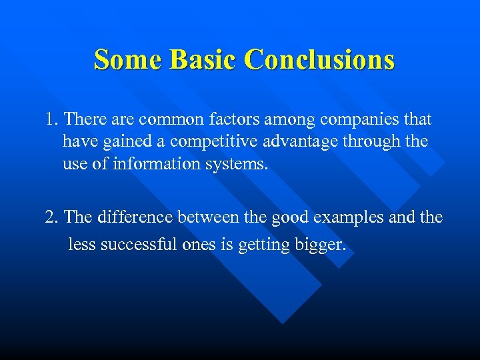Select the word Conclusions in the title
coord(319,59)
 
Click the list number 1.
coord(51,120)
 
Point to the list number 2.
coord(51,218)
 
